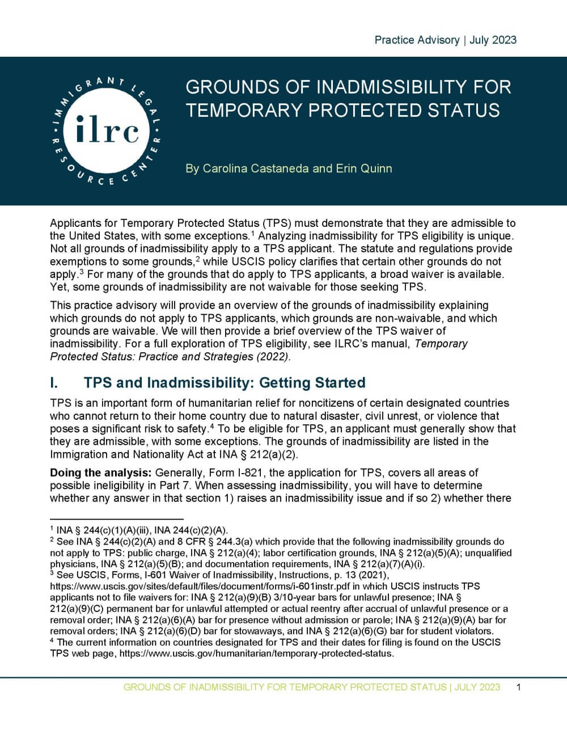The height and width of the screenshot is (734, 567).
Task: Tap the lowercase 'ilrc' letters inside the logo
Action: [107, 131]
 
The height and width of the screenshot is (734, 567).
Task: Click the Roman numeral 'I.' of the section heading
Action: [55, 383]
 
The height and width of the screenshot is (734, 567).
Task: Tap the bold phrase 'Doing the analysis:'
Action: [101, 473]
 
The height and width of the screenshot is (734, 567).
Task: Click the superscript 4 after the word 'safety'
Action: [211, 426]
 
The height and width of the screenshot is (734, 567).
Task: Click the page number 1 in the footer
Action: [518, 687]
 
